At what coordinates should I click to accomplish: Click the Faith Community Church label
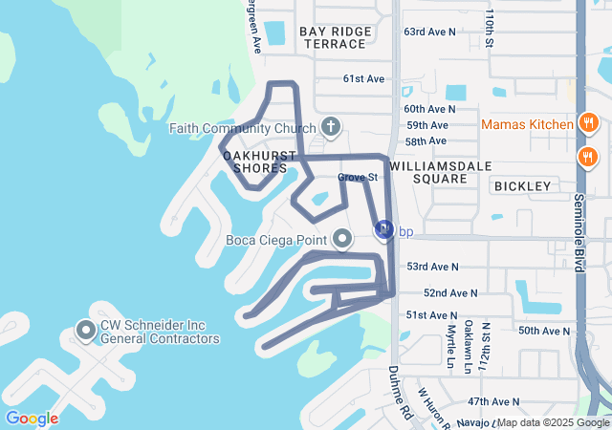point(243,128)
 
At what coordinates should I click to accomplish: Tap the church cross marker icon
point(331,127)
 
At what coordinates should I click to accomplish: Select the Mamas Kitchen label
point(526,124)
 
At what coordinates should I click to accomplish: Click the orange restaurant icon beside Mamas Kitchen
point(588,124)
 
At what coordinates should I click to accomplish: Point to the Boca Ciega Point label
point(277,240)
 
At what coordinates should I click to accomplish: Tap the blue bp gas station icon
point(383,230)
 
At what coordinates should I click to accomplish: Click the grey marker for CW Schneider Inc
point(86,331)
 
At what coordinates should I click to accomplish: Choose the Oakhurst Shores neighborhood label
point(255,161)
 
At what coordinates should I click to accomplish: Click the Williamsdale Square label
point(441,172)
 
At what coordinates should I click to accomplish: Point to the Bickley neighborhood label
point(523,186)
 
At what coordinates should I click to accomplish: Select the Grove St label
point(359,177)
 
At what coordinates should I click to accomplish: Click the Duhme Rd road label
point(399,390)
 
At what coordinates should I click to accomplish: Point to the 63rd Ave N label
point(430,32)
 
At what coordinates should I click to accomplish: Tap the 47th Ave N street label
point(493,402)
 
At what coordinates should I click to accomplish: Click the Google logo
point(32,418)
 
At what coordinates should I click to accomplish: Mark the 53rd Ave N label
point(432,267)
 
